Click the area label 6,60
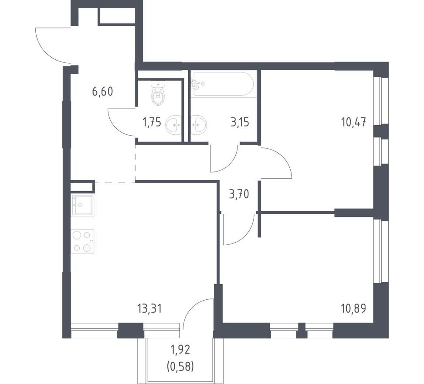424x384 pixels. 102,92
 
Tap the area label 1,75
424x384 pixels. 152,123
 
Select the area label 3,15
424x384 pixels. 240,122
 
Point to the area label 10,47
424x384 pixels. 354,123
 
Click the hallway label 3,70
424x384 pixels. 239,194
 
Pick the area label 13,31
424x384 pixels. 149,309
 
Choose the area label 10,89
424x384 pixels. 354,309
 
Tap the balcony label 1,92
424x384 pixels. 180,350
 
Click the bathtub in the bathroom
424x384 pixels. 223,84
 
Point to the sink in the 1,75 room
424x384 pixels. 173,124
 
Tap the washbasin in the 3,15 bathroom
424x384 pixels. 198,124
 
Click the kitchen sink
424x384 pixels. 82,205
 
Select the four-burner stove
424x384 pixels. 82,241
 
